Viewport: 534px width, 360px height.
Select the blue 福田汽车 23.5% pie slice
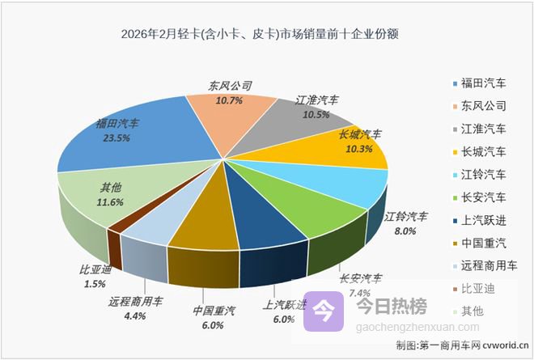(138, 142)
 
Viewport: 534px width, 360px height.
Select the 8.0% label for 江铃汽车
(405, 231)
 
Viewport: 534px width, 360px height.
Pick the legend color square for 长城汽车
(454, 151)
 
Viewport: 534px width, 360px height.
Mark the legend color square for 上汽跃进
(454, 219)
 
